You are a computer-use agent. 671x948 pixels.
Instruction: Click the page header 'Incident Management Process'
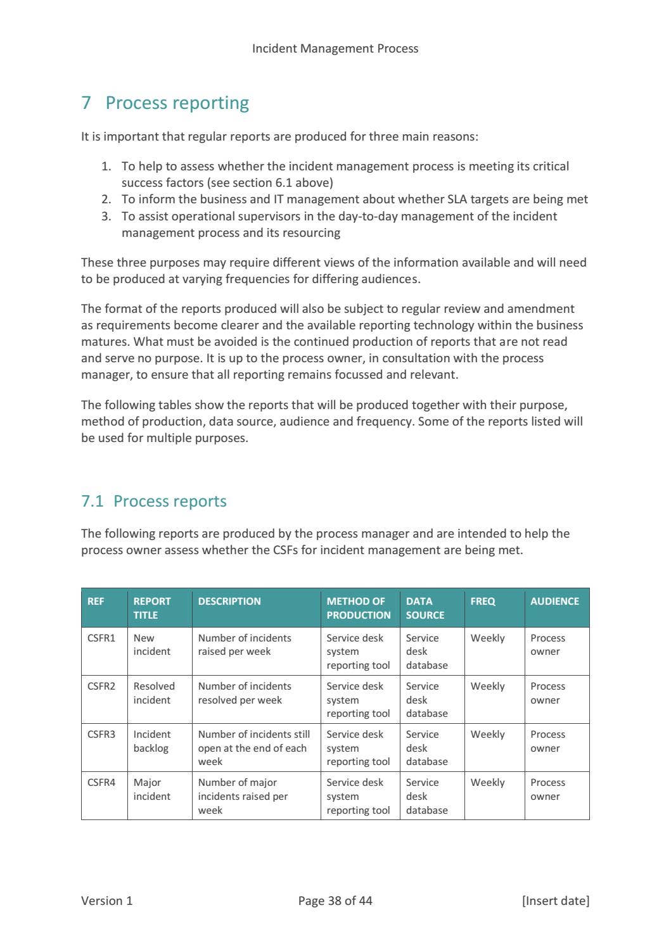pos(335,48)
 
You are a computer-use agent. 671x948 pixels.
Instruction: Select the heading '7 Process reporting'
pos(165,103)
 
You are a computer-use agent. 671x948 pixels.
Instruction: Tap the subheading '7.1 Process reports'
pos(153,501)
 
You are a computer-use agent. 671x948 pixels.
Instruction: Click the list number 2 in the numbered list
pos(106,199)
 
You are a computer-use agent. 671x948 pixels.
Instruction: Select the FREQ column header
pos(483,601)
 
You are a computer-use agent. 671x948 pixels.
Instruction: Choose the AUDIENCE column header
pos(554,601)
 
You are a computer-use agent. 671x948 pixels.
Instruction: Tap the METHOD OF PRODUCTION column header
pos(359,608)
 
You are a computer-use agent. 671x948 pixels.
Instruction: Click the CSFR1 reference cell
pos(101,638)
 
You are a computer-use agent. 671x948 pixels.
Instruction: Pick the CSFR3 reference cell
pos(101,735)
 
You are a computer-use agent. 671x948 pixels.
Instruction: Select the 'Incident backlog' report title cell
pos(152,742)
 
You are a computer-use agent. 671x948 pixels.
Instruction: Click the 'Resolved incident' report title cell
pos(154,693)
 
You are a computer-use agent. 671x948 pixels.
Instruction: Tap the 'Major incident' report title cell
pos(151,790)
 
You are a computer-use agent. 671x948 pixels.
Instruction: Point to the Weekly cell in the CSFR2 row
pos(487,686)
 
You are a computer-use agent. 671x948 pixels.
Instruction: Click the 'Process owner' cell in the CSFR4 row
pos(547,790)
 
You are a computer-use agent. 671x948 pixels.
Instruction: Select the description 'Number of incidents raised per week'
pos(245,645)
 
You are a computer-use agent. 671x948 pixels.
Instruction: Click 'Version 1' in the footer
pos(107,901)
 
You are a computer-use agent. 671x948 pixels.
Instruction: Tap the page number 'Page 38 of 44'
pos(335,901)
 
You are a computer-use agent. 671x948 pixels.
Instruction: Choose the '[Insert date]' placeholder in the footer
pos(555,901)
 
